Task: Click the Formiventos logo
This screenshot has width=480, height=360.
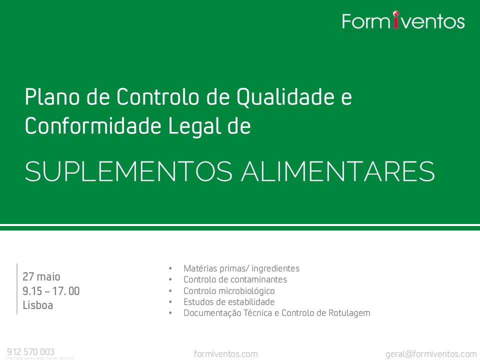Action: [403, 21]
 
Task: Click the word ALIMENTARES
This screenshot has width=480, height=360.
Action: [338, 171]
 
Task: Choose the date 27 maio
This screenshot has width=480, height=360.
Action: [41, 277]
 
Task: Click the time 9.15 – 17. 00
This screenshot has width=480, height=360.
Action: [51, 291]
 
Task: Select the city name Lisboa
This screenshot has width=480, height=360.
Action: [37, 305]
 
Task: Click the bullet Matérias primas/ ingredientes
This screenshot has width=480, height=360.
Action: [241, 268]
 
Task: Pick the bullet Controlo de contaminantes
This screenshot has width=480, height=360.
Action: [235, 279]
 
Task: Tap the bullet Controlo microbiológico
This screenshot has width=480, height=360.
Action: [229, 291]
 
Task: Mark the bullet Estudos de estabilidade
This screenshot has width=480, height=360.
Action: [229, 302]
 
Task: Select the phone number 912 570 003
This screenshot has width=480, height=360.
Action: [30, 351]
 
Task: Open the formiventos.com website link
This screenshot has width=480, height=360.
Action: [226, 354]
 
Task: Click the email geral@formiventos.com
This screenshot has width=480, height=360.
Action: [431, 354]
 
